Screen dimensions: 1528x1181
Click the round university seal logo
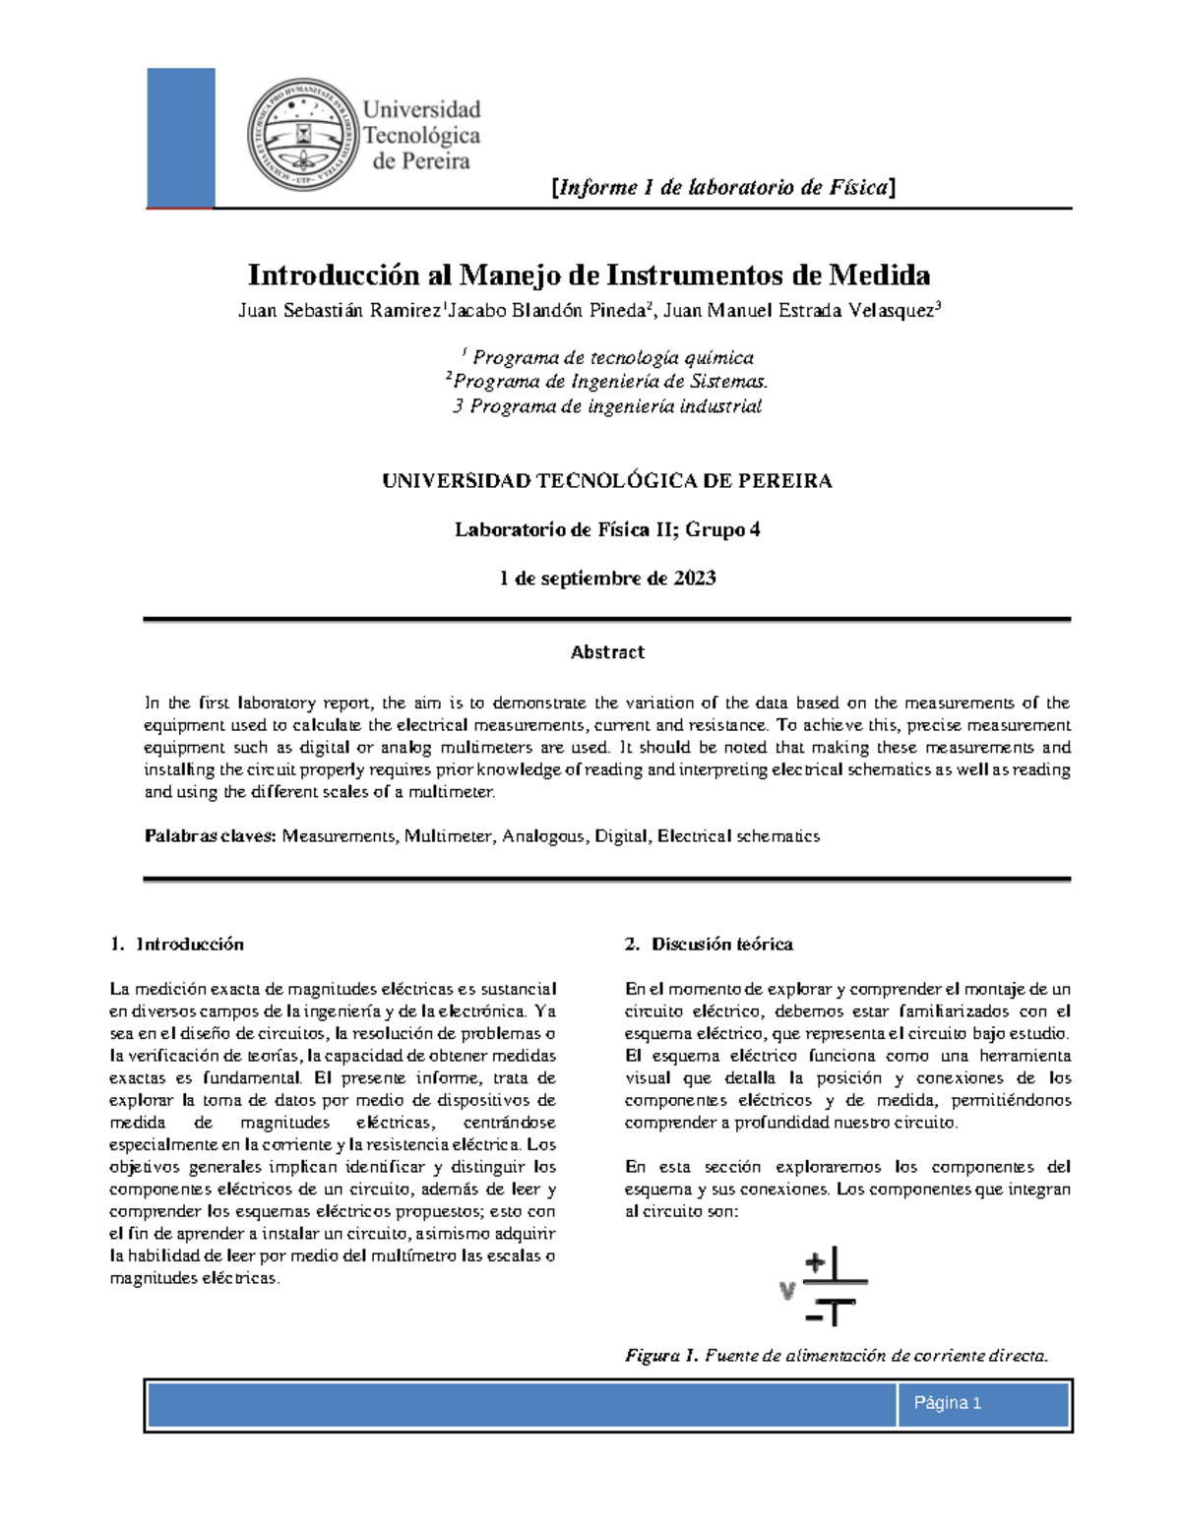pyautogui.click(x=303, y=135)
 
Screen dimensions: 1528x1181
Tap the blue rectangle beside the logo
pyautogui.click(x=180, y=137)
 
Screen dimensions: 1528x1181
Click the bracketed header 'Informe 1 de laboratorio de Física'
pyautogui.click(x=723, y=187)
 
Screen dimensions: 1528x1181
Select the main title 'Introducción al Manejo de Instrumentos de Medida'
pyautogui.click(x=589, y=275)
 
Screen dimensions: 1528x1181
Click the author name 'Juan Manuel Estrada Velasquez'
pyautogui.click(x=802, y=311)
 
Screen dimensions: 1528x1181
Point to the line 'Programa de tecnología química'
pyautogui.click(x=611, y=358)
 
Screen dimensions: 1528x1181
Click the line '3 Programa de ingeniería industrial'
pyautogui.click(x=606, y=406)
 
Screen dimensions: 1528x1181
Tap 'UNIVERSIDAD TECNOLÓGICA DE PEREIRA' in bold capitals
pyautogui.click(x=606, y=481)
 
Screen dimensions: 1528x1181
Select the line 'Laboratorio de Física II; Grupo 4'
pyautogui.click(x=606, y=530)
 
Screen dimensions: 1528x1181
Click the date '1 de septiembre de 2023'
pyautogui.click(x=607, y=579)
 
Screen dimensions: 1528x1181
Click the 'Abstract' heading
pyautogui.click(x=607, y=652)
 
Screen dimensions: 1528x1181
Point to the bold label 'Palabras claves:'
pyautogui.click(x=210, y=836)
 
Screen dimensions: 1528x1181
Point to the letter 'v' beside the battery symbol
pyautogui.click(x=786, y=1290)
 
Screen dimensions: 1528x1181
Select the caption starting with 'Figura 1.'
pyautogui.click(x=837, y=1356)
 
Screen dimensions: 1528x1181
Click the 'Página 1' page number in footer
pyautogui.click(x=947, y=1403)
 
